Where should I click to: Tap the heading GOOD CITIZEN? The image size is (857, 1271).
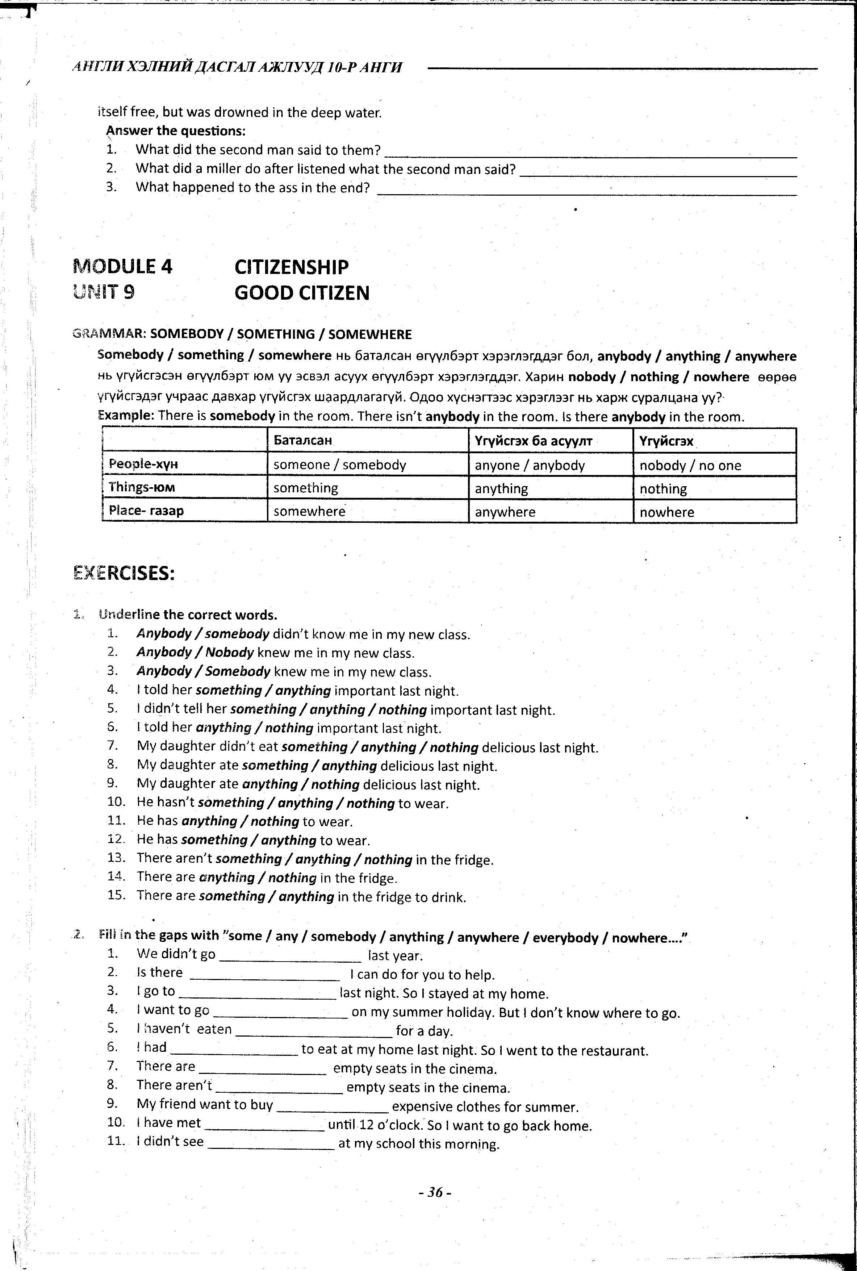pyautogui.click(x=302, y=293)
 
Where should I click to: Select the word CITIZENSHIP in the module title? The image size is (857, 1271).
pyautogui.click(x=291, y=267)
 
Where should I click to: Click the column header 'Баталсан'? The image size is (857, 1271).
pyautogui.click(x=303, y=441)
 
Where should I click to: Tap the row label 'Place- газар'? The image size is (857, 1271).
pyautogui.click(x=146, y=511)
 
